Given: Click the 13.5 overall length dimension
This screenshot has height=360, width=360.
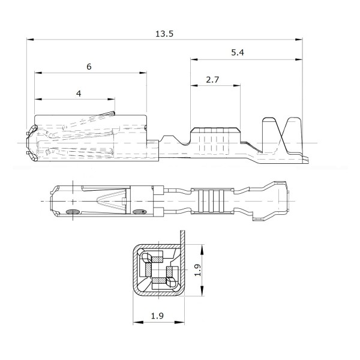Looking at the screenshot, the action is click(x=164, y=34).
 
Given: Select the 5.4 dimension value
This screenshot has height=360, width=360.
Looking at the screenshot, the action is click(x=238, y=53).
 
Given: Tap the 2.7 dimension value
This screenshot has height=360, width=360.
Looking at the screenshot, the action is click(x=212, y=80).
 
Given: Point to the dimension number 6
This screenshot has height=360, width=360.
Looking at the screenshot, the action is click(x=89, y=67).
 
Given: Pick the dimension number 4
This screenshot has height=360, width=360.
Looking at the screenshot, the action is click(x=79, y=94).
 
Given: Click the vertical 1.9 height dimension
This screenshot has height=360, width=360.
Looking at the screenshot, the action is click(x=198, y=270).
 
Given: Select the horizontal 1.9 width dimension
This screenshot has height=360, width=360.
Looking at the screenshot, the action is click(x=157, y=316).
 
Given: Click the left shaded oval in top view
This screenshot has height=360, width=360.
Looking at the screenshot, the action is click(x=73, y=212).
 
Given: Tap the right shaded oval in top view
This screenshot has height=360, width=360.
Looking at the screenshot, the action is click(x=139, y=212).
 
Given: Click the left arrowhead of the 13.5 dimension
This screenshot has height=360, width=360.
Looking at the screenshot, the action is click(x=30, y=40).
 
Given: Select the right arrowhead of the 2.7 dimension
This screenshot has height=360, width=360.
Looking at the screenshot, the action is click(x=237, y=86).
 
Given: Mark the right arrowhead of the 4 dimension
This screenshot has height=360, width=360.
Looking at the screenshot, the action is click(x=111, y=99).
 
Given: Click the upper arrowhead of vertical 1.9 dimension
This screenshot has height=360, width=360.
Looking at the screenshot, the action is click(x=202, y=250).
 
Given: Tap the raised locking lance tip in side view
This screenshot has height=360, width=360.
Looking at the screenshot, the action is click(x=113, y=113).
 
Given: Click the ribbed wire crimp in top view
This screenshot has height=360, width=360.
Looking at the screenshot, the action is click(x=212, y=201).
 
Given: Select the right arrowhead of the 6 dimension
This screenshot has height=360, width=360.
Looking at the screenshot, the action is click(x=143, y=73).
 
